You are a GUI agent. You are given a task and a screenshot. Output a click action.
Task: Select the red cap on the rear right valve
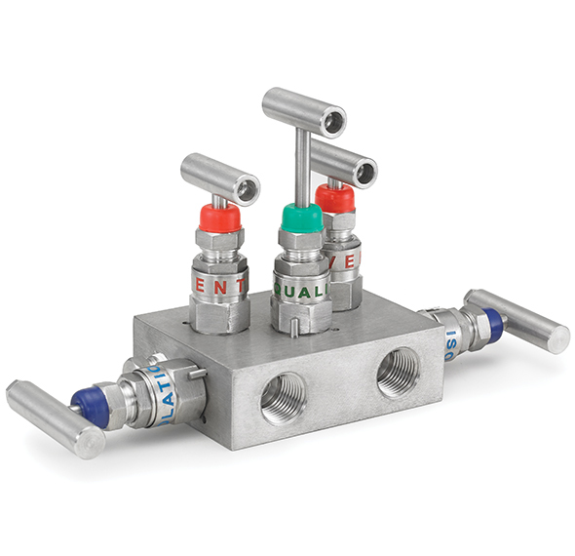pyautogui.click(x=336, y=198)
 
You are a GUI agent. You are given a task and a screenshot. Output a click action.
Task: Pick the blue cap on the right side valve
pyautogui.click(x=493, y=326)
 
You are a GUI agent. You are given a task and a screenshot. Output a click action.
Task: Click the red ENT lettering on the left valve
pyautogui.click(x=219, y=286)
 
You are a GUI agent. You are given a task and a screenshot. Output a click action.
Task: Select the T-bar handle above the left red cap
pyautogui.click(x=220, y=176)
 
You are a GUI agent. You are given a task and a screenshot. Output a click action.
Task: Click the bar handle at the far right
pyautogui.click(x=517, y=319)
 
